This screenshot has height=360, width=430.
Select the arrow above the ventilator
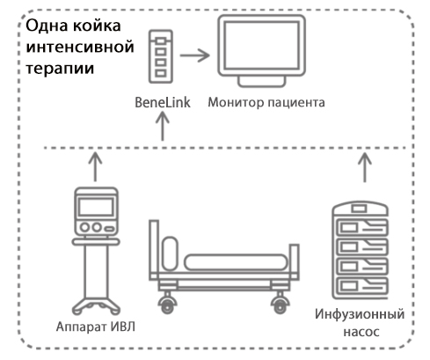[95, 164]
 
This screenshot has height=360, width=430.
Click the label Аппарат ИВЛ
[93, 332]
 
